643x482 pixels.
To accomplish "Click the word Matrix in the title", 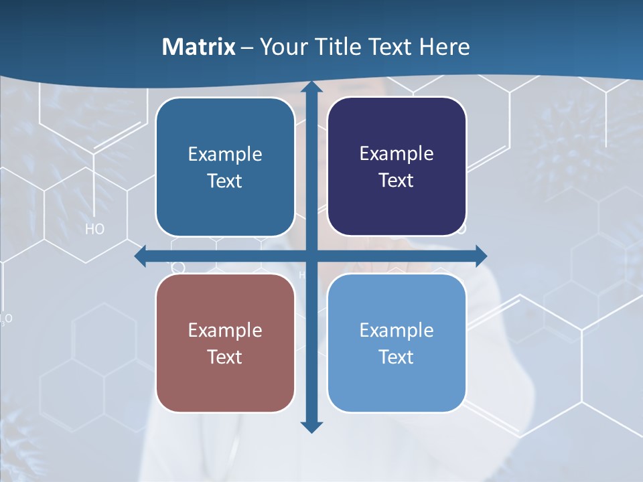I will point(199,47).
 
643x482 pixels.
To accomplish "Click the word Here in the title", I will point(445,47).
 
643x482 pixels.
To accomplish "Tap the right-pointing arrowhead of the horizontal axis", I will point(481,256).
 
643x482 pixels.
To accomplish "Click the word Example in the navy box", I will point(397,154).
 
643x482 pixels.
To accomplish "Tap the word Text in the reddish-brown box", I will point(225,357).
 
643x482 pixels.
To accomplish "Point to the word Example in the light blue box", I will point(397,330).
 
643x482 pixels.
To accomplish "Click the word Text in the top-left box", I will point(225,181).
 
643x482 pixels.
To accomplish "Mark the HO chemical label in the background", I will point(95,230).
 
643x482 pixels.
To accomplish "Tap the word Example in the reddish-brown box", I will point(225,330).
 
